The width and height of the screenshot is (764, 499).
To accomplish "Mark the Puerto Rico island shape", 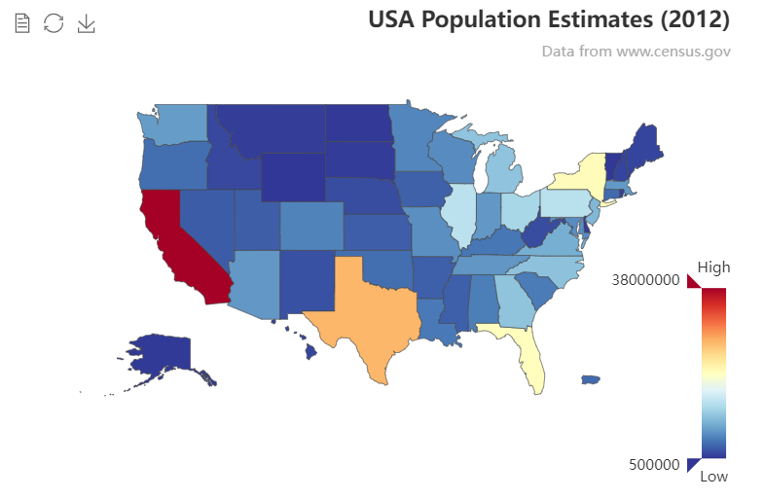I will (x=591, y=379).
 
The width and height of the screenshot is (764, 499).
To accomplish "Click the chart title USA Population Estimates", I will (x=549, y=18).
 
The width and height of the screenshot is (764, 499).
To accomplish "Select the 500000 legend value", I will (x=653, y=465).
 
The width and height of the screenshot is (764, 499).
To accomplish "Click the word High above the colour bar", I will (x=713, y=267).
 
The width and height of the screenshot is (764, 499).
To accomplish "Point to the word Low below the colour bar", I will (x=713, y=477).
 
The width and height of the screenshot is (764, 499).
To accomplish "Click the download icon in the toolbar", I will (x=87, y=22).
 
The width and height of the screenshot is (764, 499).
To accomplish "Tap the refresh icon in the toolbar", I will (x=55, y=22).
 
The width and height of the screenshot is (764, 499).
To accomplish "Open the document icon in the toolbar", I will (x=22, y=22).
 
